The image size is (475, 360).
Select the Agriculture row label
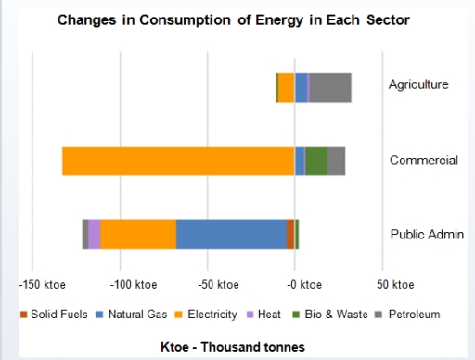click(418, 84)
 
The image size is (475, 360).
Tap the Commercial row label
click(423, 160)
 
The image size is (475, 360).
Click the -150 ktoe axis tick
click(40, 283)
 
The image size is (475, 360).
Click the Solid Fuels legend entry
click(55, 315)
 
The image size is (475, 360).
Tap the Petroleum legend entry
click(407, 315)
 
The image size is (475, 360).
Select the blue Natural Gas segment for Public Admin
click(231, 234)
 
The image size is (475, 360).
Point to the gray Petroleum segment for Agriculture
click(329, 87)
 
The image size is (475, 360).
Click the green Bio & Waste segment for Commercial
click(316, 161)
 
